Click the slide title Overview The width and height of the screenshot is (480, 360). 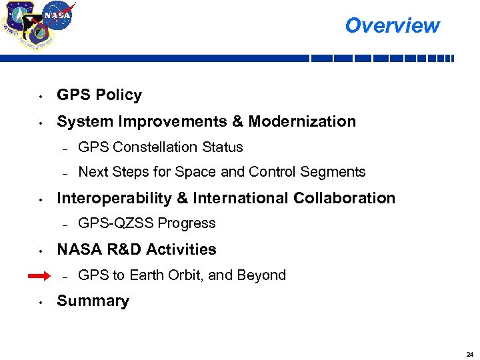392,25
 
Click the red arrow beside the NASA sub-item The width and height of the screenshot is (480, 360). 41,275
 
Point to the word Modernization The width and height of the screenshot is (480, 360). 302,121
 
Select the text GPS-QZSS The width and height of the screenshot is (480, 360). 109,223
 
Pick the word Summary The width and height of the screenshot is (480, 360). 93,301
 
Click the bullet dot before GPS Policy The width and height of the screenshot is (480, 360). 41,96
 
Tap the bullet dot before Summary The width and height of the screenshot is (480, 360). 41,302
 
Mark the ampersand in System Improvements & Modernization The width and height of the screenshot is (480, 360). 237,121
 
